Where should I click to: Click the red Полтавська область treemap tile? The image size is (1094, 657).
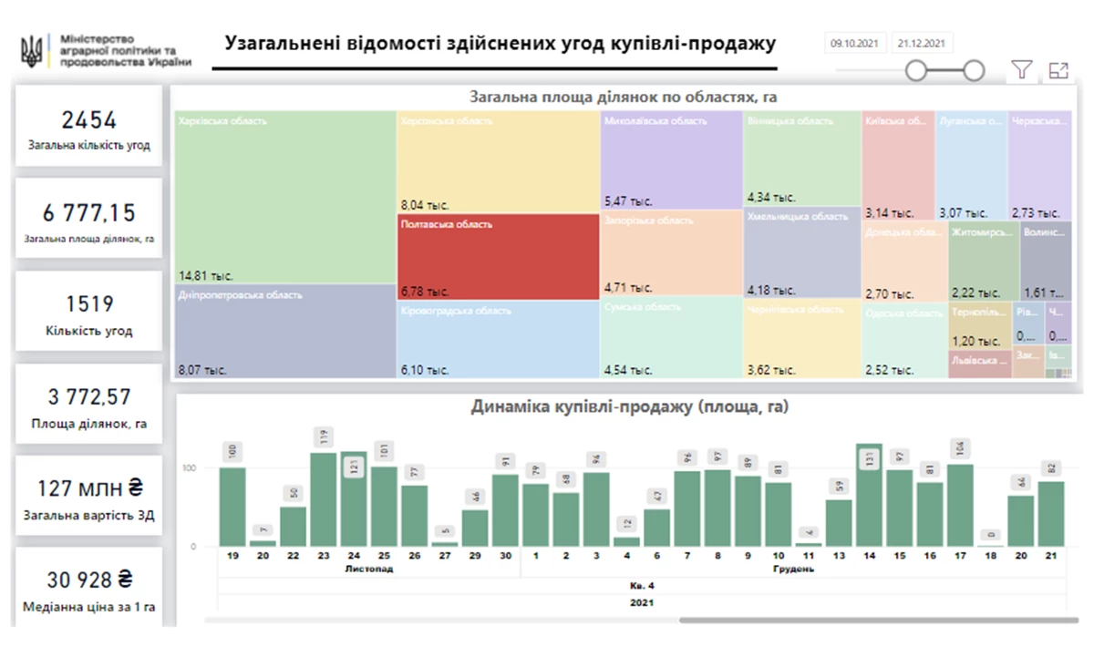498,259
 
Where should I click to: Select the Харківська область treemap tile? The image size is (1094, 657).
284,196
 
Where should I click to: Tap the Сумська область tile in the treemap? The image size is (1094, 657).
671,337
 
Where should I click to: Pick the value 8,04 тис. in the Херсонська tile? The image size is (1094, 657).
425,205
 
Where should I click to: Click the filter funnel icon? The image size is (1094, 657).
1022,70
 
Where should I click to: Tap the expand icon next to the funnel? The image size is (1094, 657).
1058,70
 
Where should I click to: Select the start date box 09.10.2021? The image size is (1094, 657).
855,43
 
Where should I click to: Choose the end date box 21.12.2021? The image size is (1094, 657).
922,43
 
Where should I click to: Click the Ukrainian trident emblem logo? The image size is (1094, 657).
30,50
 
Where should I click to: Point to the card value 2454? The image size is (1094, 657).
88,120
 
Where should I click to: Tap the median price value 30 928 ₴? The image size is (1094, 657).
88,580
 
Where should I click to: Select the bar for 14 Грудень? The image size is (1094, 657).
869,497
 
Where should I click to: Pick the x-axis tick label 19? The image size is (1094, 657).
232,555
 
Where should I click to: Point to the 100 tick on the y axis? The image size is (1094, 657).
192,468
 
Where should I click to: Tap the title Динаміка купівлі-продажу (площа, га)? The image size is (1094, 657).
629,407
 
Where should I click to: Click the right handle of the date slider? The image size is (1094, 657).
974,70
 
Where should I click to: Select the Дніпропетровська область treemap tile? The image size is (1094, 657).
284,331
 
